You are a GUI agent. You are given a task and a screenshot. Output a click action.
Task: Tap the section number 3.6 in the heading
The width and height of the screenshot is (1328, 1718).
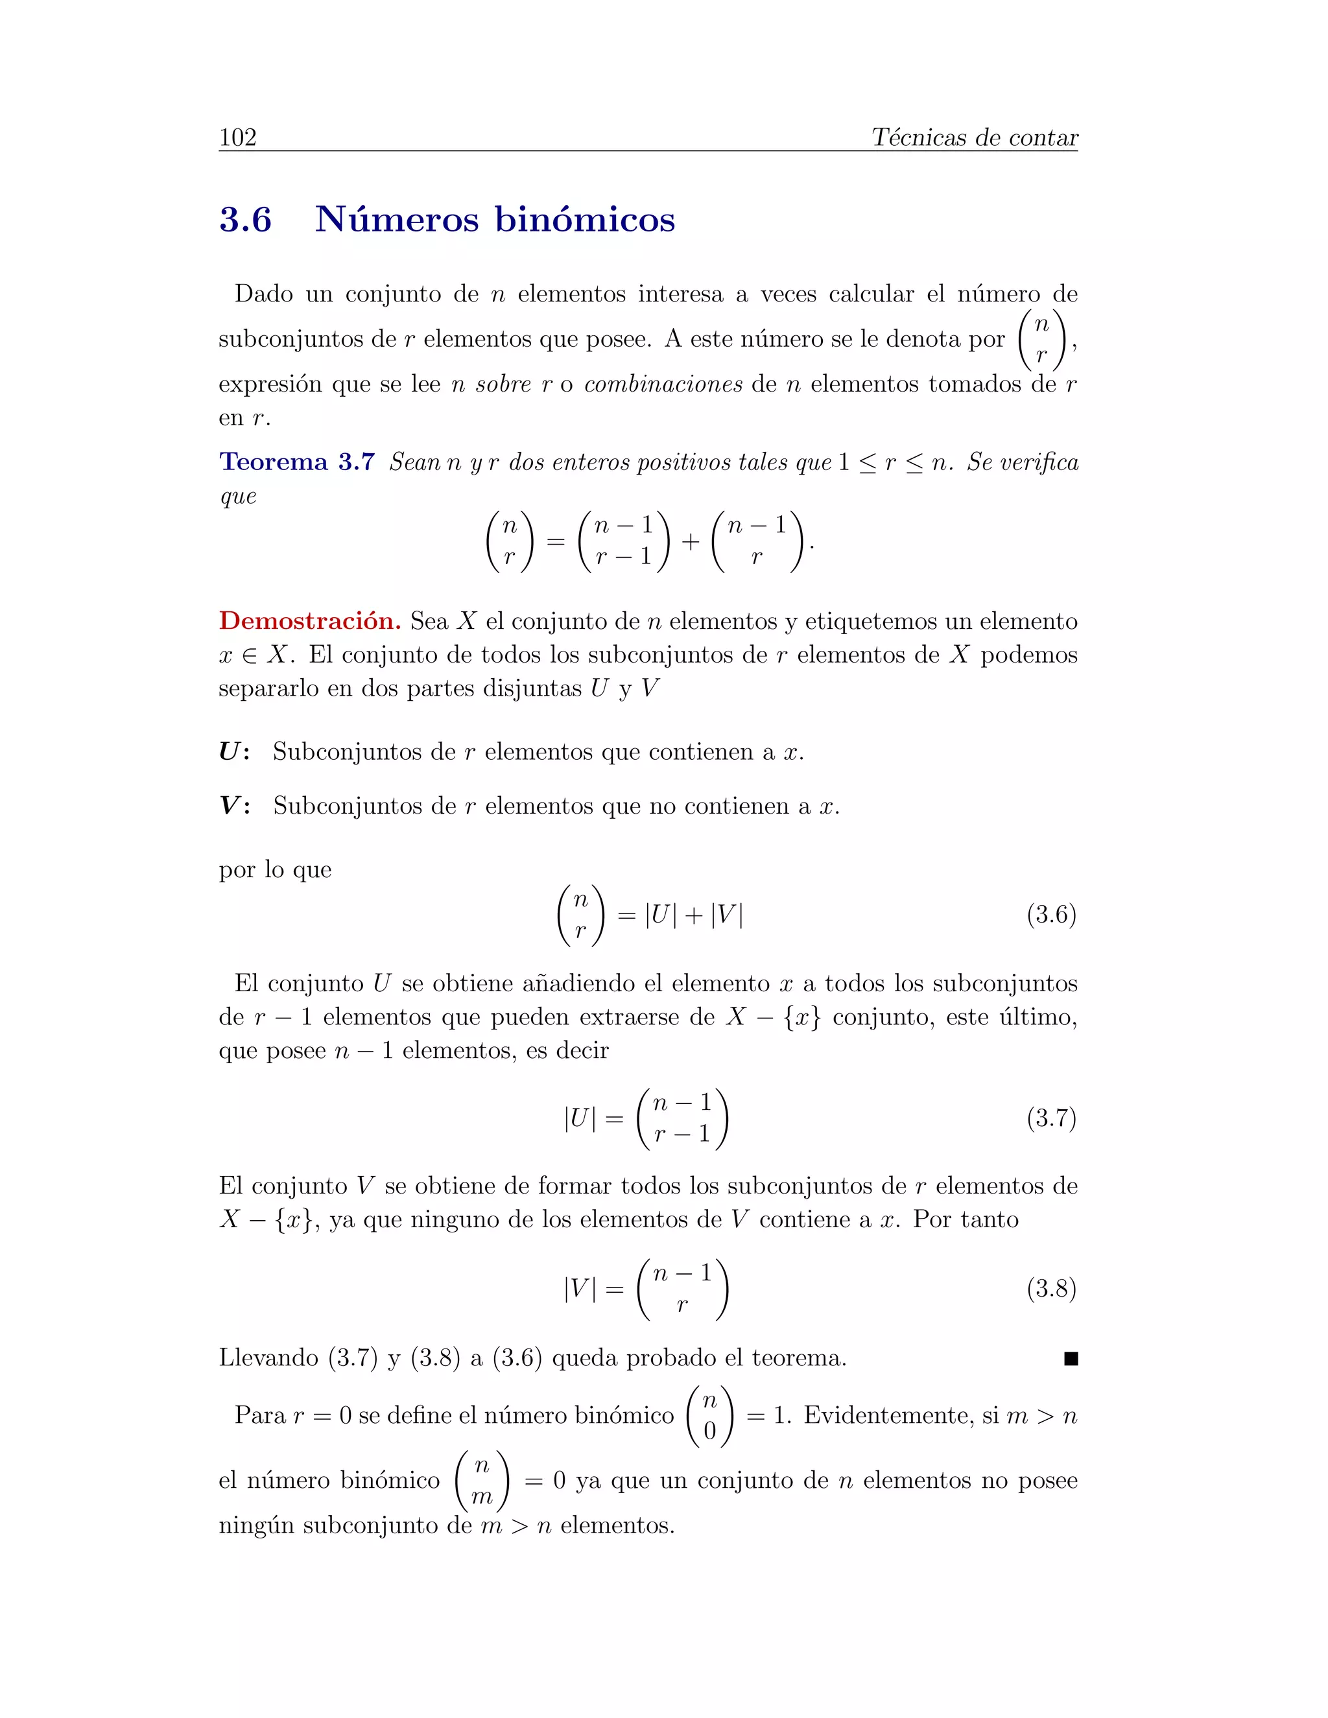pyautogui.click(x=246, y=220)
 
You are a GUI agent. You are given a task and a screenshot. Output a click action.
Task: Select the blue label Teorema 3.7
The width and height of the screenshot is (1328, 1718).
pyautogui.click(x=296, y=462)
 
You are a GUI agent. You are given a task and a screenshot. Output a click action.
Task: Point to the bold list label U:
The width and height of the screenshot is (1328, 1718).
pyautogui.click(x=233, y=752)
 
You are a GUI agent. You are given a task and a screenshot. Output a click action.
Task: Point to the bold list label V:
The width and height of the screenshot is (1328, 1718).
pyautogui.click(x=233, y=806)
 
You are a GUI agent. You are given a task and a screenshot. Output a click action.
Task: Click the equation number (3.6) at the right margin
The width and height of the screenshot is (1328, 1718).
pyautogui.click(x=1051, y=915)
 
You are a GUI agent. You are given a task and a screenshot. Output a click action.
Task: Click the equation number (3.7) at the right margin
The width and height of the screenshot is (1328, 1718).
pyautogui.click(x=1051, y=1118)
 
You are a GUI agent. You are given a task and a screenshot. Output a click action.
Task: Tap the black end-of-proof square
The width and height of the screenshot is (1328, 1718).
pyautogui.click(x=1070, y=1358)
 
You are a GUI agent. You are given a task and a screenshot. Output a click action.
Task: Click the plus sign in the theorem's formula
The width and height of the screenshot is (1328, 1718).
pyautogui.click(x=690, y=541)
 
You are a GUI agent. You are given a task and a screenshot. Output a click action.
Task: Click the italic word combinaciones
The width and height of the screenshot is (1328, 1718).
pyautogui.click(x=663, y=384)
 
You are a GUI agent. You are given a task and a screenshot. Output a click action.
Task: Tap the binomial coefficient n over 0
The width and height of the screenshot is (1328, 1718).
pyautogui.click(x=709, y=1416)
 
